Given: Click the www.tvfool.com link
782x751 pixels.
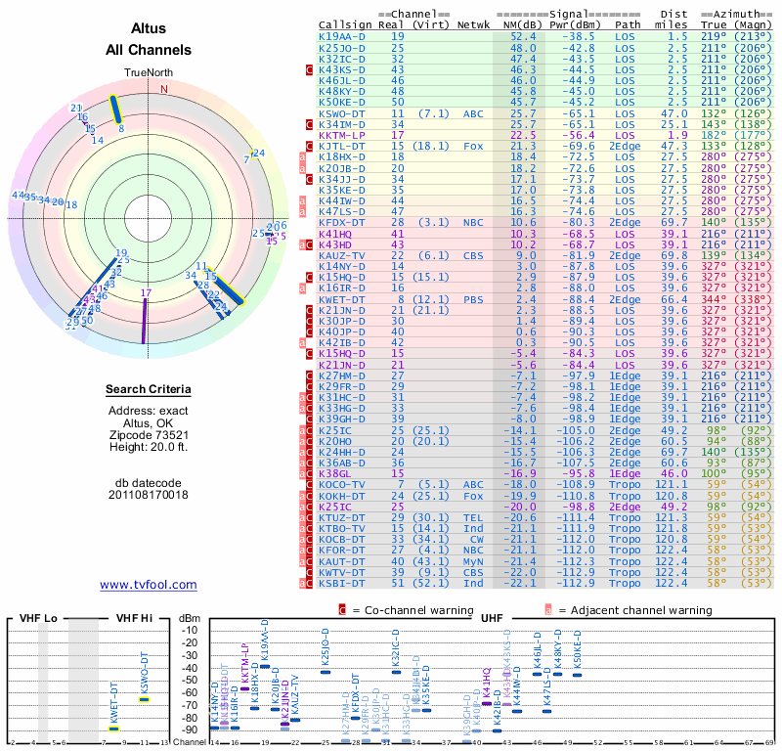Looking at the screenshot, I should click(x=148, y=585).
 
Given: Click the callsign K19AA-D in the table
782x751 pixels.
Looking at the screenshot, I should click(x=342, y=36).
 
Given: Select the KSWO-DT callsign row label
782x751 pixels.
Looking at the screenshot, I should click(x=342, y=113).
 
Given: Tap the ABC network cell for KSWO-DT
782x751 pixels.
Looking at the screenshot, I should click(x=473, y=113).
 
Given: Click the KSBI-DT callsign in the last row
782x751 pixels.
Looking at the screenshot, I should click(x=342, y=583).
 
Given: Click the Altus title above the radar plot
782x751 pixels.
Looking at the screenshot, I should click(x=148, y=29).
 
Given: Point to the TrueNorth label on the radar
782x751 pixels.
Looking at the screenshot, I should click(x=147, y=73).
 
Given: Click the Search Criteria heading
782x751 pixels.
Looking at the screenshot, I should click(x=148, y=389).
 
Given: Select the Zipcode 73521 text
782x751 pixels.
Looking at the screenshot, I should click(x=148, y=435).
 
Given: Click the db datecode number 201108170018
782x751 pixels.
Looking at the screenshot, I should click(x=148, y=495).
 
